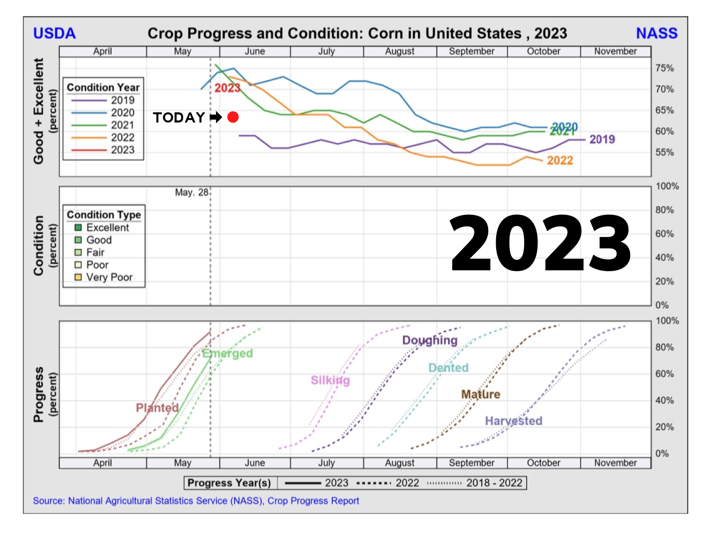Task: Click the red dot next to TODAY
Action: (x=233, y=117)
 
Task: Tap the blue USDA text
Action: (x=55, y=34)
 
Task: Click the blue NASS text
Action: (x=656, y=34)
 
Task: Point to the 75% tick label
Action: (x=664, y=68)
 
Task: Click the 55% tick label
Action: (x=664, y=153)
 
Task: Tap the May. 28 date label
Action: (x=191, y=193)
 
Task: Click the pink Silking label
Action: (x=330, y=380)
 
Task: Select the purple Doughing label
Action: (x=430, y=340)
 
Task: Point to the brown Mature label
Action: (x=481, y=394)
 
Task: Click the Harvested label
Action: (x=513, y=421)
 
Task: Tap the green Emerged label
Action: (x=228, y=353)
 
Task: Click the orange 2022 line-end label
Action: (x=560, y=161)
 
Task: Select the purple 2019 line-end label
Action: (x=602, y=139)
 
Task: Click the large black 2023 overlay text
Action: (x=540, y=243)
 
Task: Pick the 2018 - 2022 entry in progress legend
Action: (x=494, y=483)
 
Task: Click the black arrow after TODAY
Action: (x=216, y=117)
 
